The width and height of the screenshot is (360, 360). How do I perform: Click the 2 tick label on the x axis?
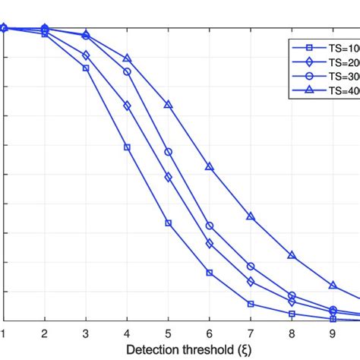coord(44,333)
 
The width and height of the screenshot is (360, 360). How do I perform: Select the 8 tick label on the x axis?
coord(292,333)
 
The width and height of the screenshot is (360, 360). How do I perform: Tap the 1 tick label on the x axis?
coord(3,333)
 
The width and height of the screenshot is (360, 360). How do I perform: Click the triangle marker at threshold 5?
coord(169,104)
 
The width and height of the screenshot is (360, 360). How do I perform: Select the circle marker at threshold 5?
coord(169,152)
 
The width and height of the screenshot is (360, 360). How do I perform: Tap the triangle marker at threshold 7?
coord(251,216)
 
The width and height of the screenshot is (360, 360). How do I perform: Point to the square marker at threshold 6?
coord(210,273)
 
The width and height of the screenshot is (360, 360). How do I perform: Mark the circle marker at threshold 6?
coord(210,226)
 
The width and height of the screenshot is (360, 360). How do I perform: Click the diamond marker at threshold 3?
coord(86,55)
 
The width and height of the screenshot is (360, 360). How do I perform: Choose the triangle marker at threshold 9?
coord(333,285)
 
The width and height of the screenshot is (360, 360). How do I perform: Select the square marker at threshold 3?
coord(86,68)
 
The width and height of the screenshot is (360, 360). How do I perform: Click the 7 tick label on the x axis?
coord(251,333)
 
